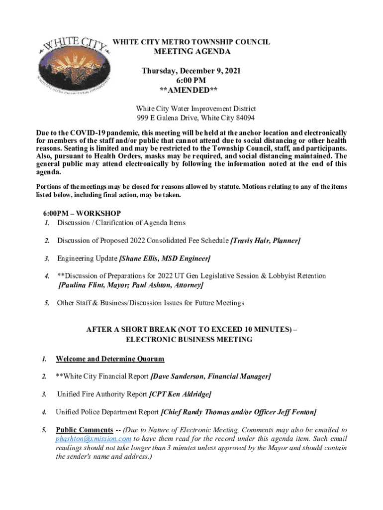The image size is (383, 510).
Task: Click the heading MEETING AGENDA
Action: (x=191, y=52)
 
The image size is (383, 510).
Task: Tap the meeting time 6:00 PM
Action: (x=191, y=80)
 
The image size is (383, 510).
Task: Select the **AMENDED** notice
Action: (x=191, y=90)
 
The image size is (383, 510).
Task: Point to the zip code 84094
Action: (x=244, y=118)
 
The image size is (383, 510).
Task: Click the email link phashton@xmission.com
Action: (x=94, y=439)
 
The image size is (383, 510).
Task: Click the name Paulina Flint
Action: (x=80, y=285)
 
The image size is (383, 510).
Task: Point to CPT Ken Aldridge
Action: (x=181, y=394)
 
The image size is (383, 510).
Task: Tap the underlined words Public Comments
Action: (x=84, y=430)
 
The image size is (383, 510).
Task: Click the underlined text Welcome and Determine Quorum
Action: (x=110, y=359)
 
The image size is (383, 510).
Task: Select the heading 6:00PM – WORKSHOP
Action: (x=82, y=213)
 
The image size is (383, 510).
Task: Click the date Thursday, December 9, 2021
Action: (x=191, y=71)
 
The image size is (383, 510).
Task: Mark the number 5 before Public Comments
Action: (x=44, y=430)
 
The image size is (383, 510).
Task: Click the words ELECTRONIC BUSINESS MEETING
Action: (x=189, y=340)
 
